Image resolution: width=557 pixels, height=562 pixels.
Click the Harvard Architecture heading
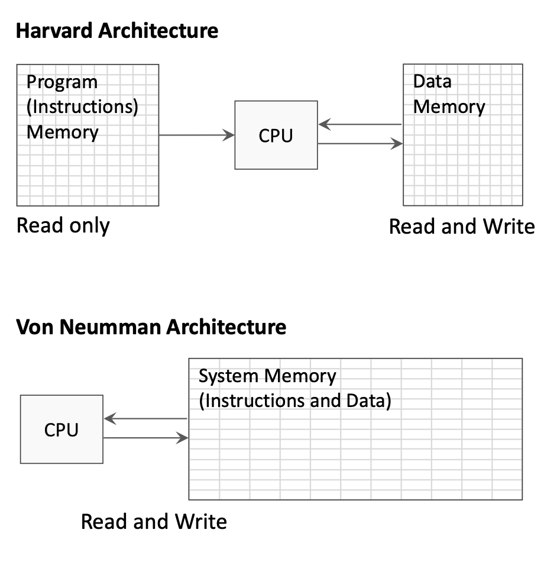click(117, 31)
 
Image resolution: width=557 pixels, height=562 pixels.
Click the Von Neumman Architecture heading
click(151, 327)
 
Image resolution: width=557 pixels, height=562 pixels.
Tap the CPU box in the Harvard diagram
click(276, 135)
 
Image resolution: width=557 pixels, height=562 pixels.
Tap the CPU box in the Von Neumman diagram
click(61, 429)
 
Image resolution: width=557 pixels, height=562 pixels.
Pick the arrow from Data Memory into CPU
click(360, 125)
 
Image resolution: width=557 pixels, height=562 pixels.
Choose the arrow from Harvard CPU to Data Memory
click(360, 144)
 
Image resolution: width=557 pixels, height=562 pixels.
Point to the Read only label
click(63, 225)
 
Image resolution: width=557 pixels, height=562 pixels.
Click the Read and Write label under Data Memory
click(462, 227)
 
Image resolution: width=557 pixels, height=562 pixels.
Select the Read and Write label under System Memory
click(154, 522)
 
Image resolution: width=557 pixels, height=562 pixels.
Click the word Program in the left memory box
click(62, 82)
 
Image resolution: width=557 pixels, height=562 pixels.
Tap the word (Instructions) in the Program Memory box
click(83, 107)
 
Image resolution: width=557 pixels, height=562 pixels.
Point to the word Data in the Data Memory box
click(432, 81)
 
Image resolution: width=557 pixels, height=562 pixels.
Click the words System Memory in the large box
click(267, 376)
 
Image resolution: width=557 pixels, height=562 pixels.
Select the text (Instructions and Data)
click(295, 400)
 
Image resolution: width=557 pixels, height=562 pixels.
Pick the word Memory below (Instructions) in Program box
click(63, 132)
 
